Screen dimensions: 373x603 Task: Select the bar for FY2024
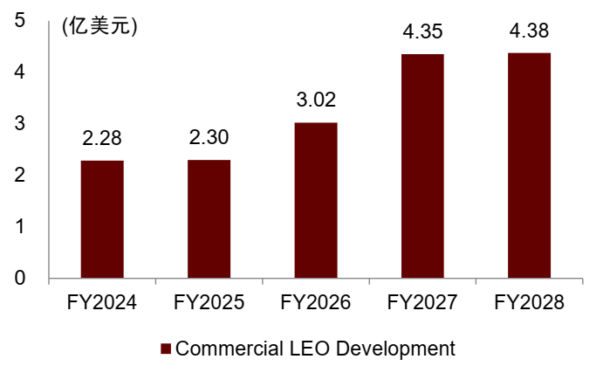click(x=102, y=219)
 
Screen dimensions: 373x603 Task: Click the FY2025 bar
click(x=209, y=219)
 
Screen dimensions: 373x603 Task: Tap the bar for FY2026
click(x=316, y=201)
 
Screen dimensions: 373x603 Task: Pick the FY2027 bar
click(x=422, y=166)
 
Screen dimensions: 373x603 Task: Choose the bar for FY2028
click(x=530, y=166)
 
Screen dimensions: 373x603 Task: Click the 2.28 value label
click(x=102, y=138)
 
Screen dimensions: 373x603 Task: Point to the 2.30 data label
click(x=209, y=138)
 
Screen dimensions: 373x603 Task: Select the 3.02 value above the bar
click(x=316, y=100)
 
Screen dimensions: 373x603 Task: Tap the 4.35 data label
click(x=422, y=32)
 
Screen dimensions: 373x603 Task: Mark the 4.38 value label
click(x=530, y=31)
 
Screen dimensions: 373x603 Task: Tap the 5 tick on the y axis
click(x=18, y=21)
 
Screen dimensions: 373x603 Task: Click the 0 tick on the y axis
click(x=18, y=279)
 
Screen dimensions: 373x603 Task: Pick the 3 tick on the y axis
click(x=18, y=124)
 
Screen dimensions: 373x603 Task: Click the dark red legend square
click(x=166, y=349)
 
